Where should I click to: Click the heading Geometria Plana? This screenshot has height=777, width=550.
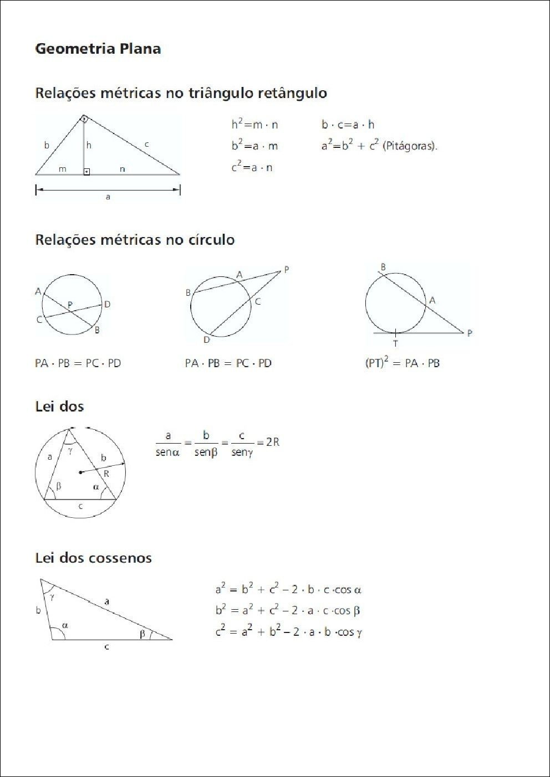[x=98, y=49]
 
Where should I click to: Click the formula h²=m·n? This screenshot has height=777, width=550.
[x=254, y=125]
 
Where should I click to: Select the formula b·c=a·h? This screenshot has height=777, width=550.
[x=348, y=125]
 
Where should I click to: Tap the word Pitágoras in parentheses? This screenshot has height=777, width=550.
[x=410, y=146]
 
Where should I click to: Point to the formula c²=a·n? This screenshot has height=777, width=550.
[x=252, y=167]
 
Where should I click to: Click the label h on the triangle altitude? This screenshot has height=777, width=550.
[x=89, y=145]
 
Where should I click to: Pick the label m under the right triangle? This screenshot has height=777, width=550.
[x=63, y=169]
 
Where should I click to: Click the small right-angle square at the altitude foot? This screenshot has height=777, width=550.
[x=86, y=172]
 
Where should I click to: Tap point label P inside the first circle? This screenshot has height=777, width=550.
[x=70, y=304]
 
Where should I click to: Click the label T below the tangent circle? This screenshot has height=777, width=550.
[x=395, y=343]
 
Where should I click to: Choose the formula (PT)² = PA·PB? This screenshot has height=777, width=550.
[x=402, y=363]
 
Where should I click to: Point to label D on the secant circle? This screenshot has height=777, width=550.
[x=206, y=339]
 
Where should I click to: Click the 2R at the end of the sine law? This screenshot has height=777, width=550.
[x=272, y=442]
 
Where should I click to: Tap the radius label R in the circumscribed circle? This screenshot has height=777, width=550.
[x=106, y=474]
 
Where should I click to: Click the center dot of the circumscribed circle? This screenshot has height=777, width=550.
[x=81, y=472]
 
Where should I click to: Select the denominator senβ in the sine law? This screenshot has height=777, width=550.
[x=206, y=452]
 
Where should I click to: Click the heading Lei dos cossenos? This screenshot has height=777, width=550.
[x=93, y=558]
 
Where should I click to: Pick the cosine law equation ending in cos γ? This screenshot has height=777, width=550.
[x=288, y=632]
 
